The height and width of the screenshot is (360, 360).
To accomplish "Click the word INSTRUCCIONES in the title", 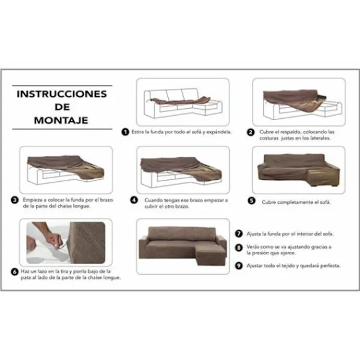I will (x=61, y=94).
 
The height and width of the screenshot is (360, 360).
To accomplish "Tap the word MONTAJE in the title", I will (x=61, y=120).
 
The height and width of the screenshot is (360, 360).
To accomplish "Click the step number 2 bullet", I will (x=251, y=131).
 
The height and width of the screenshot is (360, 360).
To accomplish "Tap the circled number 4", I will (x=134, y=200).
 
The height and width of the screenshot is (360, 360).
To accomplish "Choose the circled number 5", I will (x=251, y=202).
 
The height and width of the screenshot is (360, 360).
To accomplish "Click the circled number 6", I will (x=14, y=271).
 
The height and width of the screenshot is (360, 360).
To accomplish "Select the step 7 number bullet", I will (x=238, y=233).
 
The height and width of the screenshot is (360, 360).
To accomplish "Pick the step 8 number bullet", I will (x=238, y=247).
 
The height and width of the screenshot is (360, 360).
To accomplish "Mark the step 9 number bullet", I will (x=238, y=265).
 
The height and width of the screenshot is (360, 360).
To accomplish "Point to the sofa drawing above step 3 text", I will (x=66, y=170).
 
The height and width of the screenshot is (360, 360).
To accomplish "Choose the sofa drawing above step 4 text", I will (x=182, y=170).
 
